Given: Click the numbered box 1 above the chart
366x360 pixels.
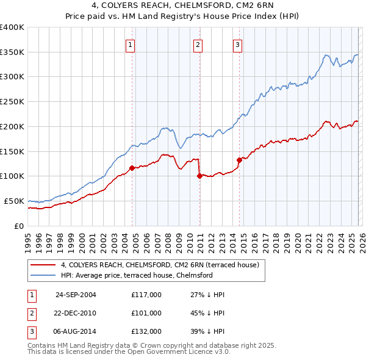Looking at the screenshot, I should (131, 43).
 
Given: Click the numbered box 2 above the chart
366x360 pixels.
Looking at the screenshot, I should (199, 43).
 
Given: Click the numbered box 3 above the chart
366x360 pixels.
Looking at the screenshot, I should (237, 43).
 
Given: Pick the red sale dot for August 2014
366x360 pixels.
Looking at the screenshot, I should (239, 160).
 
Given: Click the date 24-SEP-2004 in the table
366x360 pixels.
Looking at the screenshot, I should (76, 294).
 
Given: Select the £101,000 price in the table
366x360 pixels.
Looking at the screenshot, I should (146, 312).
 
